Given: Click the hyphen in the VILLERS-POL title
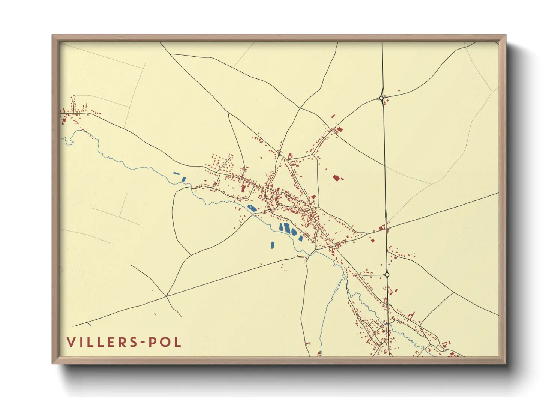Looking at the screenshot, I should pos(142,342).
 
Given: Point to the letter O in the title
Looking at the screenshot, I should pos(164,342).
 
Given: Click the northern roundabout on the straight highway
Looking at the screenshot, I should pos(381,98).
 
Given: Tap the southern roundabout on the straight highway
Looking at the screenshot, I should pos(387,275).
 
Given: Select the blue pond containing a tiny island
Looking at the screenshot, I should pos(252,208).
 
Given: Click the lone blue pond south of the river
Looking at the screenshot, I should pos(272,245).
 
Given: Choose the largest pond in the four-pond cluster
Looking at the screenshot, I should pos(287,228).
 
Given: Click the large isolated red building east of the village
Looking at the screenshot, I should pos(336,177).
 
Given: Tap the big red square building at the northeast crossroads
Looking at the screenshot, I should pos(340,130).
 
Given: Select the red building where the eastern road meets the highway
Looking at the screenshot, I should pos(382,228).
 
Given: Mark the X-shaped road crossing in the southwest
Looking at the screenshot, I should pos(166,296).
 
